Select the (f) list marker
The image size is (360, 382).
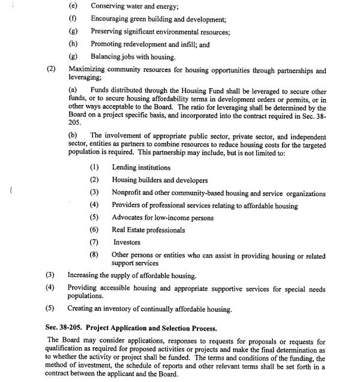tap(73, 19)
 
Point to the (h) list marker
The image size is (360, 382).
tap(73, 44)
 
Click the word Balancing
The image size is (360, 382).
tap(107, 57)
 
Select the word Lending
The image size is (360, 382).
tap(125, 168)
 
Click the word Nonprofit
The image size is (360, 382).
tap(128, 193)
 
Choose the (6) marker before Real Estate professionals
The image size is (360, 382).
tap(94, 230)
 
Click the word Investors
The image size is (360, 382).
tap(127, 243)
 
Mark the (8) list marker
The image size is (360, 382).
tap(94, 255)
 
